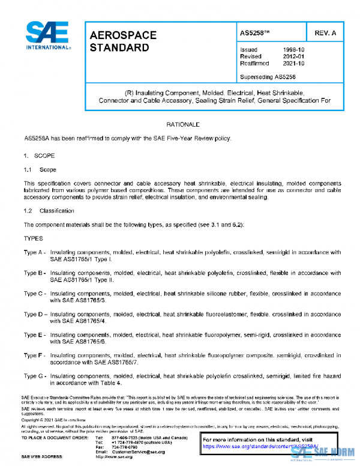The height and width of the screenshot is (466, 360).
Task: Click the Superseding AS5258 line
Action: (x=268, y=77)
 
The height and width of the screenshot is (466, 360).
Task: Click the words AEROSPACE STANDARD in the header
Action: (x=123, y=41)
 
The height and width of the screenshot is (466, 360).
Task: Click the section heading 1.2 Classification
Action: (x=49, y=211)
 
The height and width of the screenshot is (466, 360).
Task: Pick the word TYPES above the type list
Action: (x=34, y=238)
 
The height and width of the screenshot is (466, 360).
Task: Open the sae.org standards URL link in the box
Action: (x=260, y=447)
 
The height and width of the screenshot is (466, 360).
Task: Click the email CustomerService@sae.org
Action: (x=130, y=452)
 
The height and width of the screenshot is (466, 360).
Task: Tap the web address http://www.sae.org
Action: (x=115, y=457)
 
